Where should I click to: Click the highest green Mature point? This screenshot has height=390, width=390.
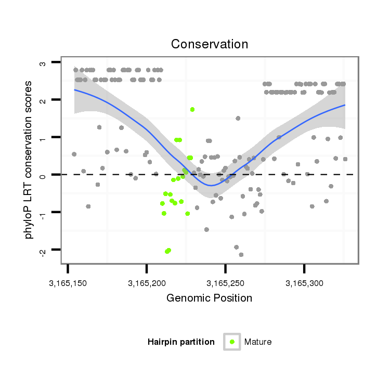(192, 110)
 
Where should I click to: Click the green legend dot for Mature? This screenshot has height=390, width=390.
(232, 342)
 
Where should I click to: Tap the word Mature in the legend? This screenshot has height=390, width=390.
(258, 342)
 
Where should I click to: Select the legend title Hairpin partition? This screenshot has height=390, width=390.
(181, 342)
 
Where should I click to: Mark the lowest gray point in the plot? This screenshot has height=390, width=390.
(241, 255)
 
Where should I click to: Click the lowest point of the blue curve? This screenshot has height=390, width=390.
(210, 185)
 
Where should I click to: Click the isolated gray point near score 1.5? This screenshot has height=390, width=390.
(238, 119)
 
